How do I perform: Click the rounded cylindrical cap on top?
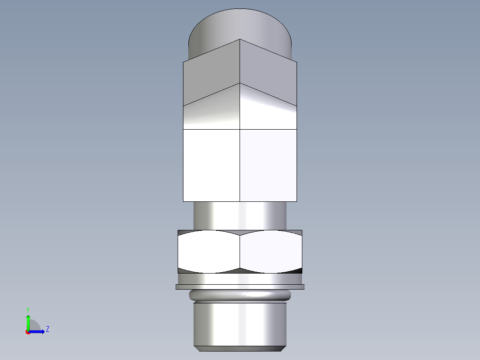pos(240,25)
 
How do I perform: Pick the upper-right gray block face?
pos(268,71)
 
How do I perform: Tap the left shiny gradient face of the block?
pos(212,111)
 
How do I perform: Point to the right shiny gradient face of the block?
pos(268,111)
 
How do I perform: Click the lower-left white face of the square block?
pos(212,165)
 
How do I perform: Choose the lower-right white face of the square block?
pos(268,165)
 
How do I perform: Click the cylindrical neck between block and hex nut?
pos(240,216)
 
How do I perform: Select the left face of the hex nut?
pos(208,252)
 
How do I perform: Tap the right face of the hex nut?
pos(271,252)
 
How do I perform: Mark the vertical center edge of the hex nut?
pos(240,252)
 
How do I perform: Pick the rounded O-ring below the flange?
pos(240,295)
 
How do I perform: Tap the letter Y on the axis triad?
pos(28,309)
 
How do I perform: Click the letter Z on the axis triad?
pos(47,329)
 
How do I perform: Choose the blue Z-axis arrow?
pos(38,331)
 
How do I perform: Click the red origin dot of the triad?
pos(28,332)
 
